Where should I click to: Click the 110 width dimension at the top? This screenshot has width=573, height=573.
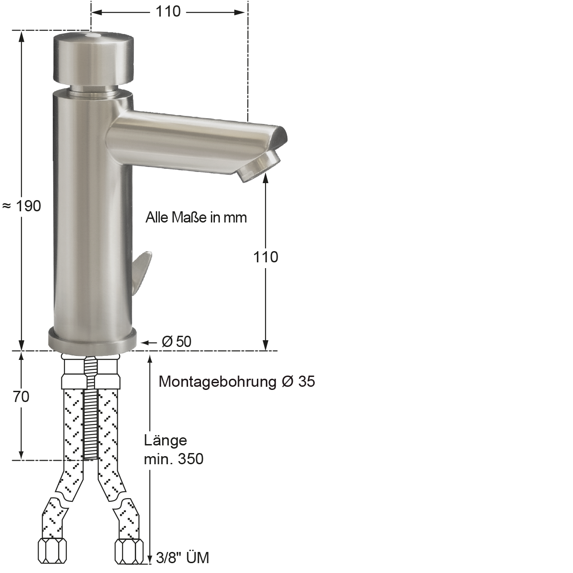168,12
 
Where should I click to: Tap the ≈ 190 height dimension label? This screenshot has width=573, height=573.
21,206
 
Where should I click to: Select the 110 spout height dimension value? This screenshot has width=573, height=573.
265,257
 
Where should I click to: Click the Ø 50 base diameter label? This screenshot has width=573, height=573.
176,342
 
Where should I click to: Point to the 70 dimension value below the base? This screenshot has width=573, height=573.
21,397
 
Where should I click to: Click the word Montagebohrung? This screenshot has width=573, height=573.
218,382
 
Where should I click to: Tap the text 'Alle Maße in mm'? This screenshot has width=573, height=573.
196,218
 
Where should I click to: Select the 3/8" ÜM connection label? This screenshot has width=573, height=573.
183,558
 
